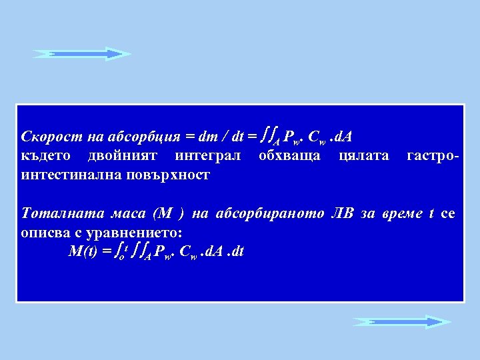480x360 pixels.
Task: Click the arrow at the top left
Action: (x=82, y=53)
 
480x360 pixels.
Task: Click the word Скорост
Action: (x=46, y=137)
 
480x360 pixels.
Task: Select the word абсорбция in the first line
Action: (x=147, y=137)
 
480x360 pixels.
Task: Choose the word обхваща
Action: (x=289, y=156)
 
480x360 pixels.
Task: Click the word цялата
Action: (x=364, y=156)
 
